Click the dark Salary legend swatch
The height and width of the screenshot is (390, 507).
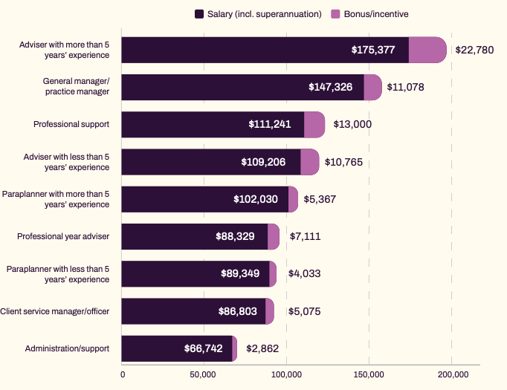[198, 14]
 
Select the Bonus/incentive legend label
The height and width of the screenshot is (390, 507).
[375, 14]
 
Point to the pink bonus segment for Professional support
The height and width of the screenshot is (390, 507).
[314, 125]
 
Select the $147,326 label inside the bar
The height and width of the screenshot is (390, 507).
[335, 87]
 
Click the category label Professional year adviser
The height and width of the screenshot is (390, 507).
[63, 236]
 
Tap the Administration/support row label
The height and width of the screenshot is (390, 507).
[67, 348]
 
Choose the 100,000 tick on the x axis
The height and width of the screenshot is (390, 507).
[287, 374]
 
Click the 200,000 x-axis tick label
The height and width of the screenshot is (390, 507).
[453, 374]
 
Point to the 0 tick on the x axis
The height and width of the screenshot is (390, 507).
[123, 374]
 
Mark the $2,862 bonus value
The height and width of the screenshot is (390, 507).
[262, 348]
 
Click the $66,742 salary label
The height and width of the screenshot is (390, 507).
[204, 348]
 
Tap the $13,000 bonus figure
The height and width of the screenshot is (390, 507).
[352, 125]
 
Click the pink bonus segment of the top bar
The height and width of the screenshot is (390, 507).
[427, 50]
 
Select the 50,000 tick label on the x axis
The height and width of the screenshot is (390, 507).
[204, 374]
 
